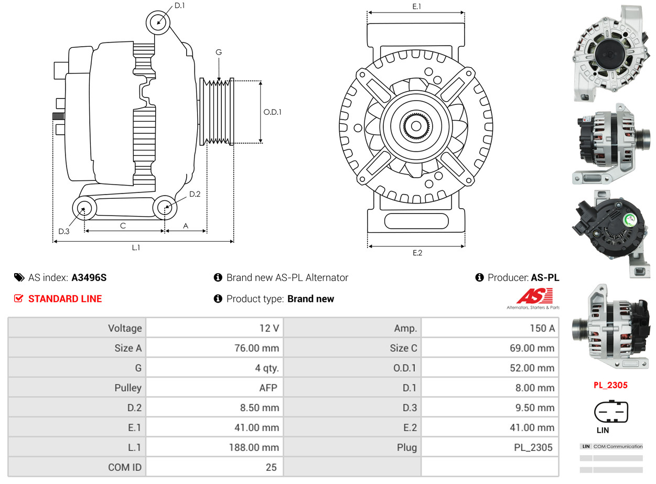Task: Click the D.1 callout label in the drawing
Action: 179,6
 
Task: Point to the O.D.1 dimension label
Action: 272,112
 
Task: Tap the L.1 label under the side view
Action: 136,248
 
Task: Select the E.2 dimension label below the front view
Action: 417,253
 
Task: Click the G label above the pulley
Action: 219,52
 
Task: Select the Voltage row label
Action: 125,328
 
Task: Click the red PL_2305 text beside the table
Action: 610,385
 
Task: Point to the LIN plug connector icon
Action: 611,412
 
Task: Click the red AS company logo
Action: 534,296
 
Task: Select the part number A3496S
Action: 89,278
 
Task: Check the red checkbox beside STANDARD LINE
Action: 19,299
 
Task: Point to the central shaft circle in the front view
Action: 416,126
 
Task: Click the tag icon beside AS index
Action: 19,278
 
